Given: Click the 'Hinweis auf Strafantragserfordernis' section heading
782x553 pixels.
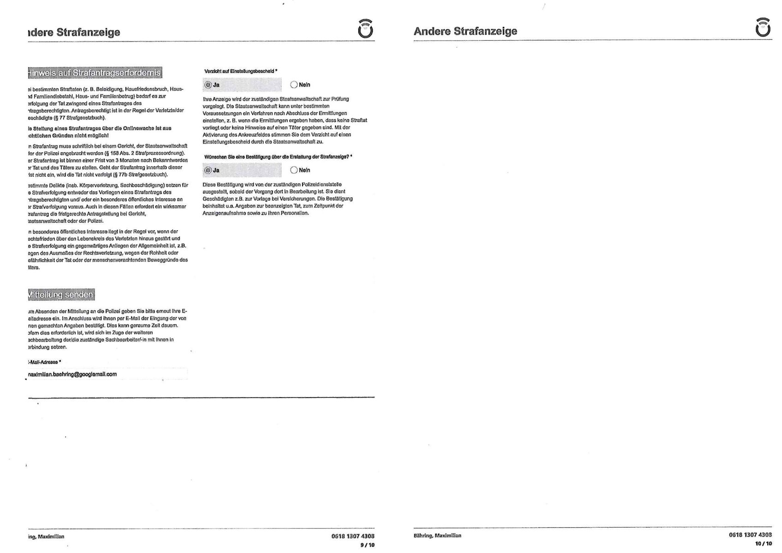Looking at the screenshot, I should tap(95, 73).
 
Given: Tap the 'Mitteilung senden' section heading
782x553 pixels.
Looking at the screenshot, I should tap(61, 294).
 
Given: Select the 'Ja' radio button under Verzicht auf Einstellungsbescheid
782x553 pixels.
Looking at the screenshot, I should tap(207, 85).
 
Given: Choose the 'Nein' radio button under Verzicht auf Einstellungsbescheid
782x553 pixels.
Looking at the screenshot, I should tap(294, 85).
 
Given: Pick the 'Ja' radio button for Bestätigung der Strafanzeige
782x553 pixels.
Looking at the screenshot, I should tap(207, 170).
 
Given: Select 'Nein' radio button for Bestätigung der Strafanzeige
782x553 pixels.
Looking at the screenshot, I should tap(294, 170).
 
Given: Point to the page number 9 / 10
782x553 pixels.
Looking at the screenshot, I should tap(367, 545).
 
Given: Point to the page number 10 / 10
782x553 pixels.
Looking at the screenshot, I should tap(763, 543).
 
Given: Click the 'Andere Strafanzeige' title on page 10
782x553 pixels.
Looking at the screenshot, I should tap(465, 31).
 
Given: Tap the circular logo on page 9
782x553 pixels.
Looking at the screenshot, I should tap(365, 29).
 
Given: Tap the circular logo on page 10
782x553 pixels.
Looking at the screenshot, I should tap(763, 27).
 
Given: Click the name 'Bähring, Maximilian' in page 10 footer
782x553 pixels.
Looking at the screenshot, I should tap(437, 535).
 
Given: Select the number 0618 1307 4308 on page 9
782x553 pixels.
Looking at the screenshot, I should tap(353, 536).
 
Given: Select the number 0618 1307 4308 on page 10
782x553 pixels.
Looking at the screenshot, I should tap(750, 535).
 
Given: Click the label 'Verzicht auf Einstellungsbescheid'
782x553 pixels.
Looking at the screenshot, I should tap(240, 71).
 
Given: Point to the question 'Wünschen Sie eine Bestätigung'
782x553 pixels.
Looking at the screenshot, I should tap(277, 157).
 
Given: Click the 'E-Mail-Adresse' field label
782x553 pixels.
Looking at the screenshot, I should tap(44, 362).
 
